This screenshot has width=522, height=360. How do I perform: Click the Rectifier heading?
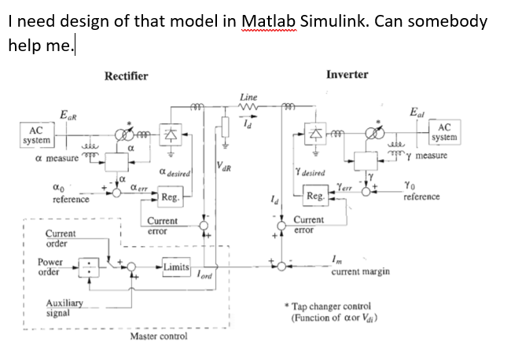[x=126, y=75]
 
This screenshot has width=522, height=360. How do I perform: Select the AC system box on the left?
[x=36, y=134]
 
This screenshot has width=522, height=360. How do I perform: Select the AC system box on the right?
[x=443, y=133]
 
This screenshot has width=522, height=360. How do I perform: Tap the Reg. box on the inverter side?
[x=316, y=196]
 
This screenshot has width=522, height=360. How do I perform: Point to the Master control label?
[x=159, y=336]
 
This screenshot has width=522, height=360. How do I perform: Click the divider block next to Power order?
[x=94, y=268]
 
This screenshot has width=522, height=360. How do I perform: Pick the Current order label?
[x=61, y=238]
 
